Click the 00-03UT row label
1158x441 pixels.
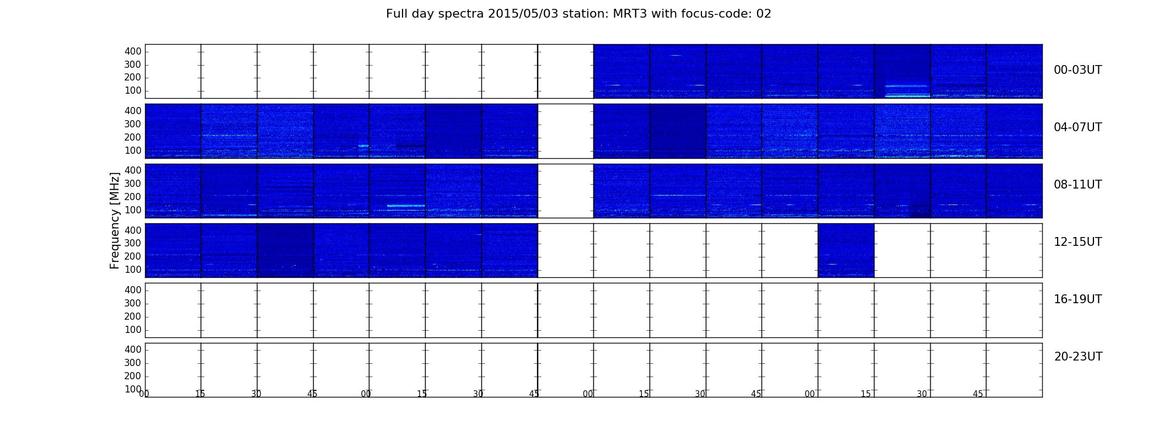(1077, 70)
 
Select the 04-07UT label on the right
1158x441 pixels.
(1077, 127)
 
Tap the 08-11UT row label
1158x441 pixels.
(1077, 185)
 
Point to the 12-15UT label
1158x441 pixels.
(1077, 242)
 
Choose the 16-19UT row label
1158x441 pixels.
(1077, 299)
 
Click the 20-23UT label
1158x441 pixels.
(1078, 357)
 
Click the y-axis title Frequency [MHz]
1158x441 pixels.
(115, 220)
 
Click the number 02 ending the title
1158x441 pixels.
(764, 14)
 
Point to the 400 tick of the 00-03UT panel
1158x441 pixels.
(133, 51)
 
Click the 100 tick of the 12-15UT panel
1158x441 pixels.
(133, 270)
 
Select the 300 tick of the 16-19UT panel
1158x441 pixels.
(133, 303)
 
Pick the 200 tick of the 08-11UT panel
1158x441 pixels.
(133, 197)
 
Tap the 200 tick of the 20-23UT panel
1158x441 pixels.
(133, 376)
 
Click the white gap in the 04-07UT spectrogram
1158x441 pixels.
(565, 131)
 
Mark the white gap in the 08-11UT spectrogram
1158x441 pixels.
(565, 191)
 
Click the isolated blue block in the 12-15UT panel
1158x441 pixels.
(846, 250)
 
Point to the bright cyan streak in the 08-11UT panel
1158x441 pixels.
(406, 206)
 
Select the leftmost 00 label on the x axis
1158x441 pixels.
(144, 394)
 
